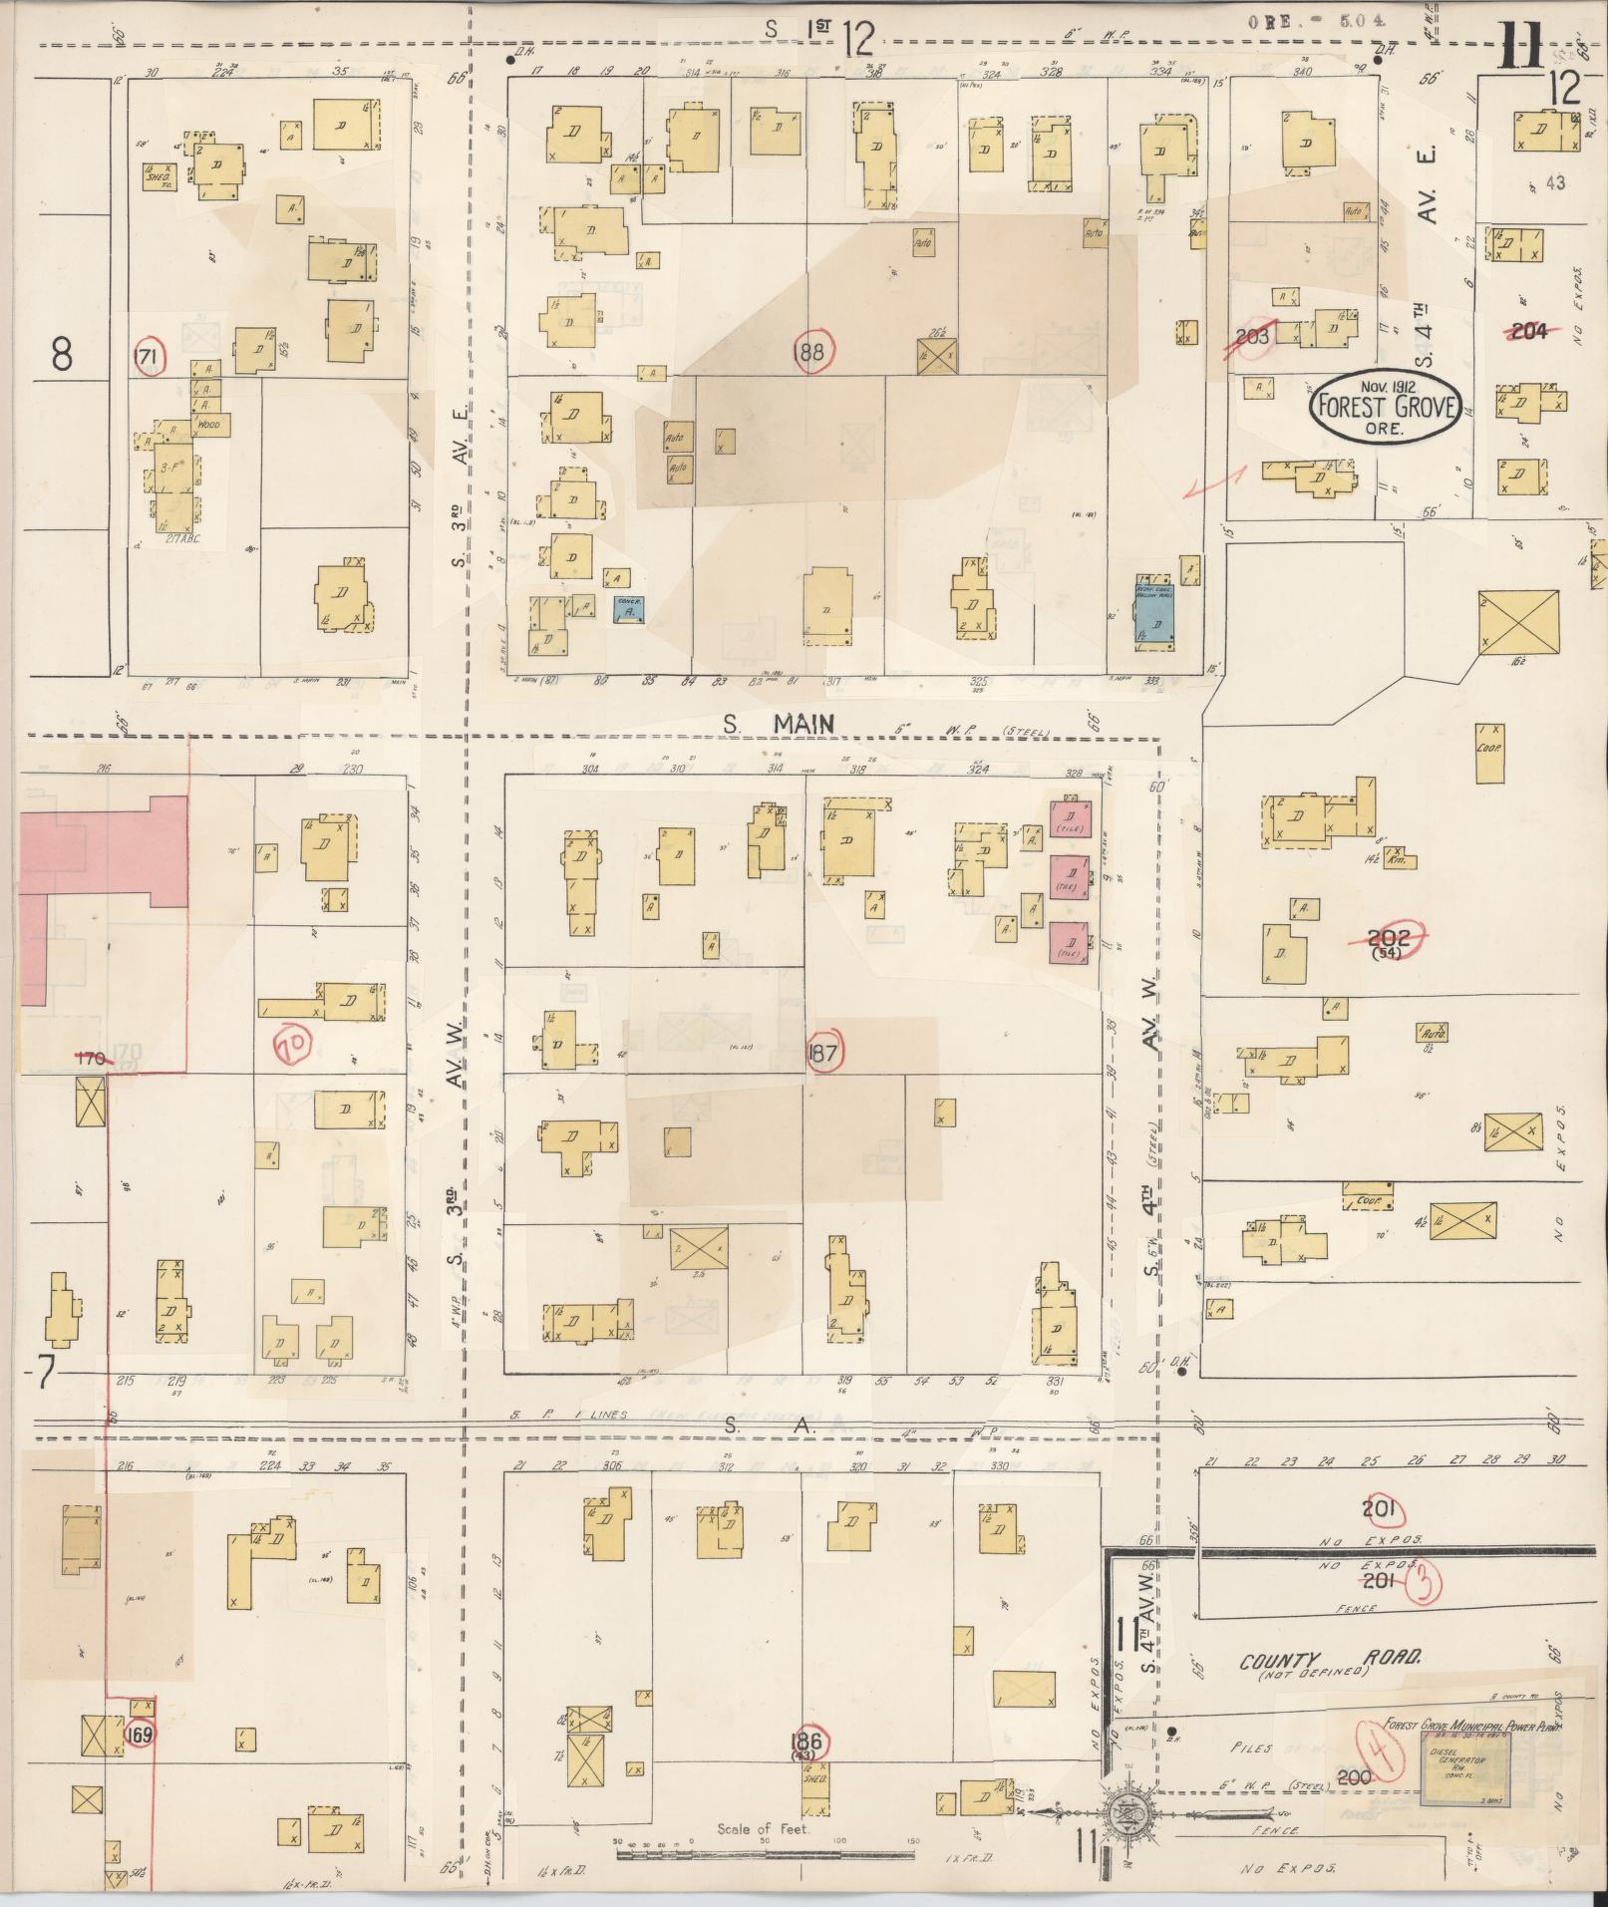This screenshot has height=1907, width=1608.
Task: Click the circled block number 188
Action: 812,351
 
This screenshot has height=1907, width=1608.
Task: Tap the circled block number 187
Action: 824,1054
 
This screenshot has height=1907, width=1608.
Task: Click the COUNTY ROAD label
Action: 1330,1661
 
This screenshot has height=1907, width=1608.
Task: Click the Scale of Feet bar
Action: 765,1855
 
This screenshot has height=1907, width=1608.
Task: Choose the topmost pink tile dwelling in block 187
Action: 1070,819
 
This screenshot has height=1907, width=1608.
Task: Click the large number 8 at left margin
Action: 62,354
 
